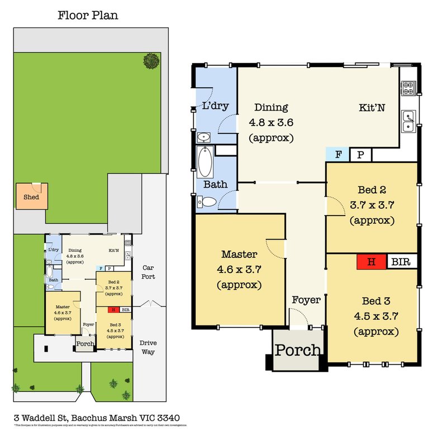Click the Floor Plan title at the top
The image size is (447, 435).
[x=88, y=15]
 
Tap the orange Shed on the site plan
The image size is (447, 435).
[x=32, y=197]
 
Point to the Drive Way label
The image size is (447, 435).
[x=147, y=347]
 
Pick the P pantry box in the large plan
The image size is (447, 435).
[x=360, y=155]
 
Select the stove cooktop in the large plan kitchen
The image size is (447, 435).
[x=408, y=87]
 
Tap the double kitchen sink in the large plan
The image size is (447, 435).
[x=408, y=121]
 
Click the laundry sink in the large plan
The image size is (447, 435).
[x=204, y=137]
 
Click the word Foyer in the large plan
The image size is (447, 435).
[x=306, y=300]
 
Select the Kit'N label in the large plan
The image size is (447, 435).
[x=372, y=107]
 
